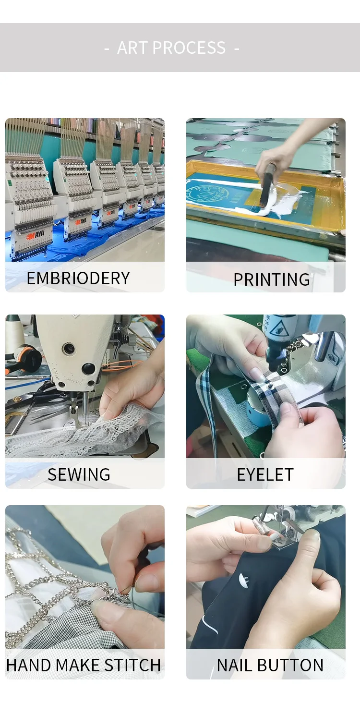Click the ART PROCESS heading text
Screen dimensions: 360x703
[171, 48]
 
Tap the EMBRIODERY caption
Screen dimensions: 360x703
[78, 278]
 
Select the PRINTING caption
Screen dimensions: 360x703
[272, 279]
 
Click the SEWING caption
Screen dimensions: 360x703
[79, 474]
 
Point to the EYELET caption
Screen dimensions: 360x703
[265, 474]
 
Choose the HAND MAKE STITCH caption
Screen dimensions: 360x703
[84, 665]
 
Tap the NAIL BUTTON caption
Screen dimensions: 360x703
[270, 665]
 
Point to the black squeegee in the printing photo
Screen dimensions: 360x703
[267, 188]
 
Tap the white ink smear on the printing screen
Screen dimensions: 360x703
[276, 204]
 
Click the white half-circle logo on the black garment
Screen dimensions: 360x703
[243, 580]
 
